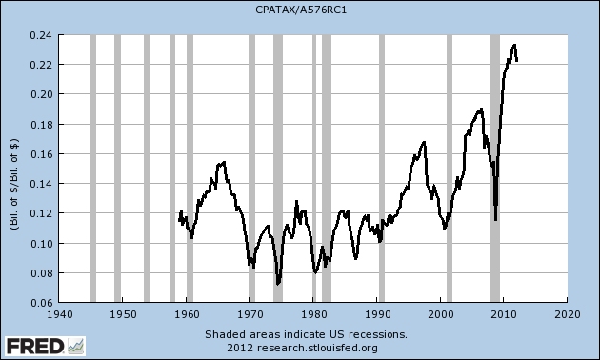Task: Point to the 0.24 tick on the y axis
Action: coord(42,34)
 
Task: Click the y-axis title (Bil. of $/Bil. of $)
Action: coord(13,170)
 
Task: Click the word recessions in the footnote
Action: coord(377,334)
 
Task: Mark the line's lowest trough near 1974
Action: coord(277,284)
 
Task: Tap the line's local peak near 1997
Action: coord(424,142)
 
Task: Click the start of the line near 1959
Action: coord(178,220)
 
